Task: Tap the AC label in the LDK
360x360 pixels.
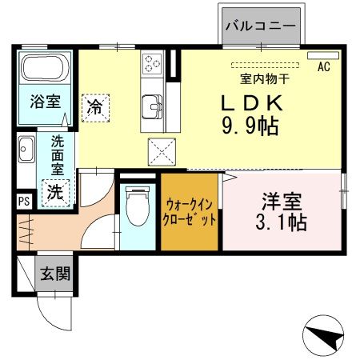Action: coord(324,67)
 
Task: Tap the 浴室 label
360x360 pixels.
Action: coord(44,102)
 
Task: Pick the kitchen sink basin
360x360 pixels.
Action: coord(150,104)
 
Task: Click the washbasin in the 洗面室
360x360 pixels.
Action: coord(25,150)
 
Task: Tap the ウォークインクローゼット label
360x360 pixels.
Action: coord(190,212)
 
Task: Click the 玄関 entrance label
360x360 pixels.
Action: coord(54,274)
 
